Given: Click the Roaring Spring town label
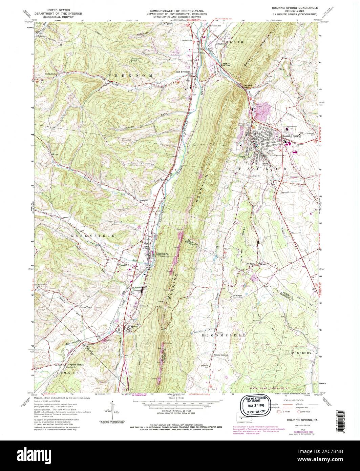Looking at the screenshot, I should [x=291, y=136].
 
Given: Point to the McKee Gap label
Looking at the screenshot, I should [x=249, y=85].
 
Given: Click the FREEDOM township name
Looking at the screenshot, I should [x=130, y=74].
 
